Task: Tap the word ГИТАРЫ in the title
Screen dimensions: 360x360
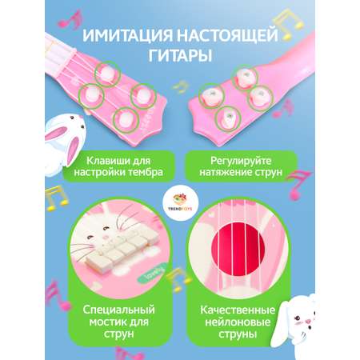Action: [x=180, y=55]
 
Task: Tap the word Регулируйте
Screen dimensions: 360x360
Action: [x=241, y=161]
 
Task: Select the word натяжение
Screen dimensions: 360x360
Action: [x=223, y=173]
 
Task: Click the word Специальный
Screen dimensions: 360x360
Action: [x=118, y=310]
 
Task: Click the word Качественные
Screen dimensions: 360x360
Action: [x=238, y=310]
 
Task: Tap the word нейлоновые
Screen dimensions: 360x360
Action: [x=238, y=322]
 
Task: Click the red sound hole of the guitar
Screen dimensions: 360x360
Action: [x=238, y=250]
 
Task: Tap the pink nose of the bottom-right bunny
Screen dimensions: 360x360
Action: [x=309, y=321]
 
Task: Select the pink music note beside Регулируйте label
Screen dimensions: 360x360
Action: [x=298, y=185]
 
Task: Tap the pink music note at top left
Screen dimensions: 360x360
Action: [x=70, y=19]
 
